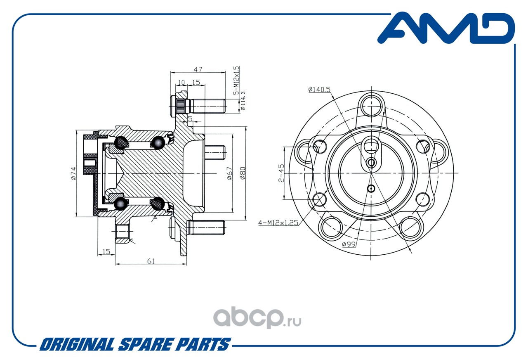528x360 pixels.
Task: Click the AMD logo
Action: (446, 28)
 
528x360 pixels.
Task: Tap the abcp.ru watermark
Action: (257, 317)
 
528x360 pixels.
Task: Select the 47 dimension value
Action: (198, 69)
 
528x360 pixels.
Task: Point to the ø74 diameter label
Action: (73, 173)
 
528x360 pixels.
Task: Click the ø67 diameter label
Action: (230, 173)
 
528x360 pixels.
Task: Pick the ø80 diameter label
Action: (243, 173)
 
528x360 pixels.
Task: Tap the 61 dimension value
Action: (151, 261)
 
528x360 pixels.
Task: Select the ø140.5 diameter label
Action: (319, 90)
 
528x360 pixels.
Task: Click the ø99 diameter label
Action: (349, 244)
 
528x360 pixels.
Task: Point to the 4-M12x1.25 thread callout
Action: (278, 223)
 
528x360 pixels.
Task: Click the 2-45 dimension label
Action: (281, 173)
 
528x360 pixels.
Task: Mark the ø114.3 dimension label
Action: (243, 101)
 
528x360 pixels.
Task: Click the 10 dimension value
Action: (181, 82)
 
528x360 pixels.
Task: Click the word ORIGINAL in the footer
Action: (77, 344)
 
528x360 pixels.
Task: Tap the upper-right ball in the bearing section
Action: (158, 143)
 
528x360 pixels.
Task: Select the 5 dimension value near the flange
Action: (190, 118)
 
